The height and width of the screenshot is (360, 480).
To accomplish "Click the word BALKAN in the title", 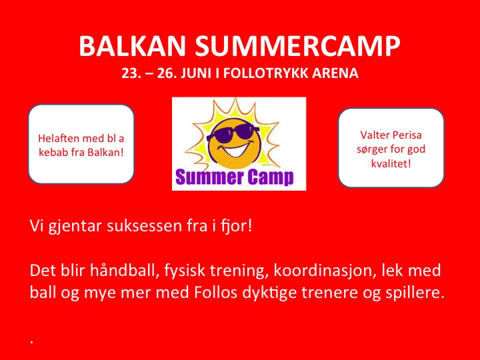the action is click(132, 46).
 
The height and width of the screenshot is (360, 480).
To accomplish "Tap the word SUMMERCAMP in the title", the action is click(297, 46).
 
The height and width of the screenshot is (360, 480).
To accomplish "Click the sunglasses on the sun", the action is click(233, 133).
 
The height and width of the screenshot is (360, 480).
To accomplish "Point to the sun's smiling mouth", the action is click(236, 150).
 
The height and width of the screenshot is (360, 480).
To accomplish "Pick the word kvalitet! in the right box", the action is click(391, 163).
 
